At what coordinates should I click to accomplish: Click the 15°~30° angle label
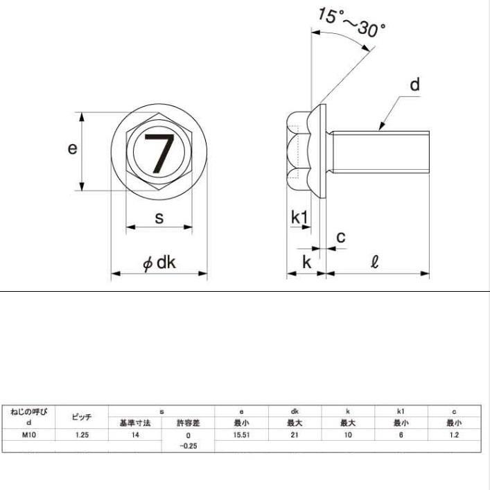[x=352, y=22]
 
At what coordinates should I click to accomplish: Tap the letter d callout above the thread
[x=414, y=85]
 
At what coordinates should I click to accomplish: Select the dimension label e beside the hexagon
[x=72, y=148]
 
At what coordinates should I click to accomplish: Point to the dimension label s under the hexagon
[x=159, y=218]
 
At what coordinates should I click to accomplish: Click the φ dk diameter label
[x=159, y=263]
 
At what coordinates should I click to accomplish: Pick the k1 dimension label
[x=299, y=217]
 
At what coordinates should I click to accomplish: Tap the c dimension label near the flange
[x=341, y=238]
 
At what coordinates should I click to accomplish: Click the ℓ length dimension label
[x=375, y=262]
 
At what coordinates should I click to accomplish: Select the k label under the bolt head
[x=306, y=262]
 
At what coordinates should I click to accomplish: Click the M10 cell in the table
[x=28, y=435]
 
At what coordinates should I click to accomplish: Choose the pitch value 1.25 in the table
[x=82, y=435]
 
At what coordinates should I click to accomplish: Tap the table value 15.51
[x=241, y=435]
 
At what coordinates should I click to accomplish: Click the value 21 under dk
[x=295, y=435]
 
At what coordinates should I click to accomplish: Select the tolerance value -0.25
[x=188, y=446]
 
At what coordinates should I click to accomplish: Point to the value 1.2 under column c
[x=454, y=435]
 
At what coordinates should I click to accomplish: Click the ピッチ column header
[x=82, y=417]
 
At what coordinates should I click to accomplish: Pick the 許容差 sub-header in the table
[x=188, y=423]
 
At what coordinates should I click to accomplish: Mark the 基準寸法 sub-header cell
[x=135, y=423]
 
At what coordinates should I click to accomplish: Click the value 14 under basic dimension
[x=135, y=435]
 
